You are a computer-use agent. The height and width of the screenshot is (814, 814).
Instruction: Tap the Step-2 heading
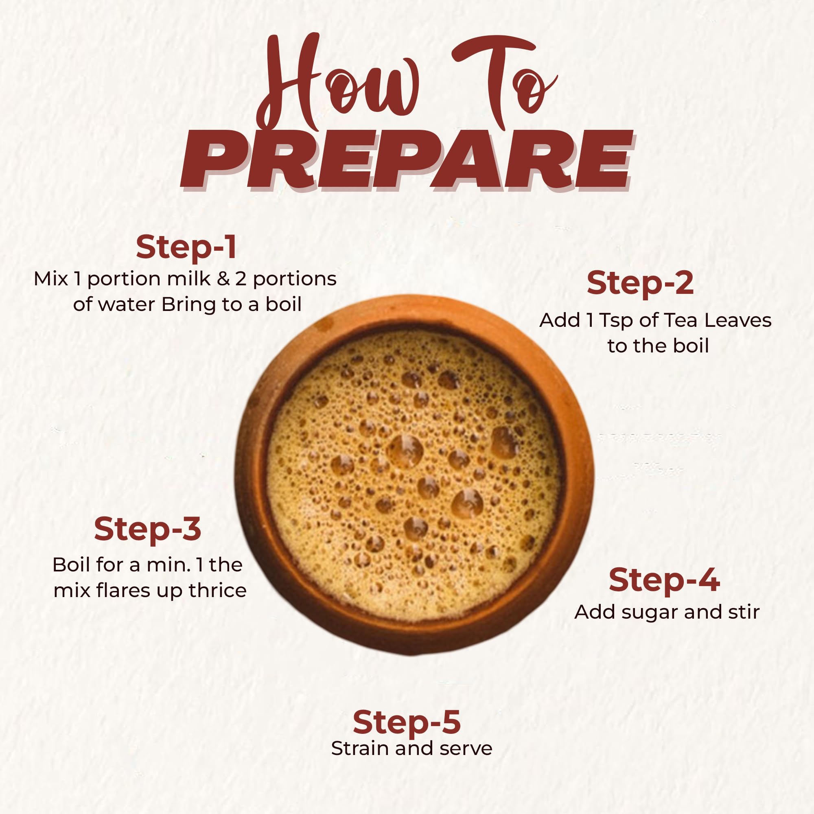640,284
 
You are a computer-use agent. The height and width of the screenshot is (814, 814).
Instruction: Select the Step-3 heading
147,530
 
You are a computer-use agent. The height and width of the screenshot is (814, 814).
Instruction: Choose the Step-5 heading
407,722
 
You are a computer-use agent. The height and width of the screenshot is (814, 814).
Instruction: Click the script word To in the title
503,80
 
